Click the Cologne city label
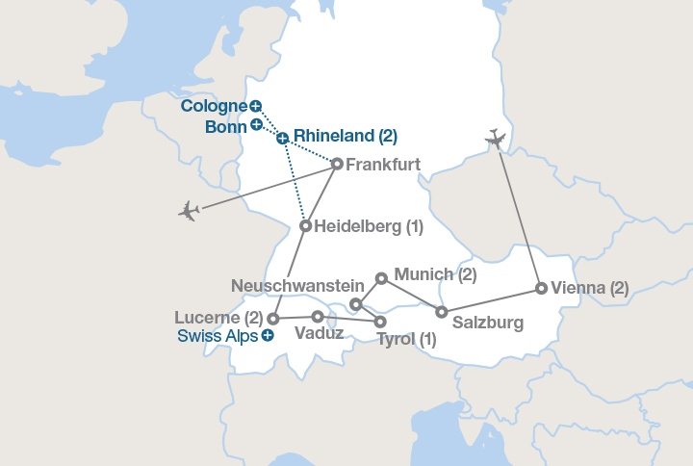(214, 106)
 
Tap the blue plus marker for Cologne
(255, 106)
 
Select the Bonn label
(227, 126)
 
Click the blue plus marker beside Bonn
(256, 124)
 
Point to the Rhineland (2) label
(345, 136)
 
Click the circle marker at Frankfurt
(337, 164)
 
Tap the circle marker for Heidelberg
(305, 226)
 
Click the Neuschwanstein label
(297, 286)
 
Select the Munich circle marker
(381, 278)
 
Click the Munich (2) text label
(435, 274)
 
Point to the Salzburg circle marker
(442, 312)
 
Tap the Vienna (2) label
(590, 288)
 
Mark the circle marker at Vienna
(542, 288)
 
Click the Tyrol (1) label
(405, 339)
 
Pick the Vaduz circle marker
(318, 316)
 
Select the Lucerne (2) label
(218, 317)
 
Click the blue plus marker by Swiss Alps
(268, 335)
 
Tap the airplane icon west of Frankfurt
(190, 210)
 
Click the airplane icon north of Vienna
(496, 139)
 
